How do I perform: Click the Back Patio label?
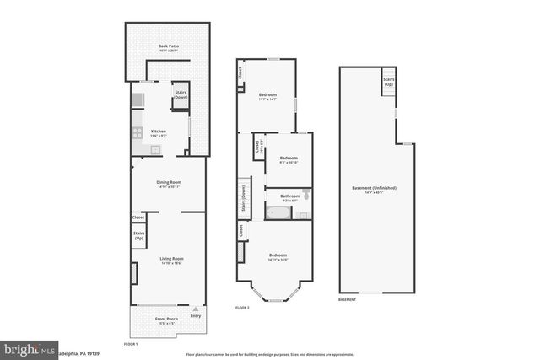(169, 48)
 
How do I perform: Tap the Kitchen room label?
(158, 133)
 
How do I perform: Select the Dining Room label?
(169, 185)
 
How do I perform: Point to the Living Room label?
(171, 260)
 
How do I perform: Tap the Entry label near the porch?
(196, 316)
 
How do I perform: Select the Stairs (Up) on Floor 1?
(138, 235)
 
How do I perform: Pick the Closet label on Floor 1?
(138, 217)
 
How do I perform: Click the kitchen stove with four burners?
(136, 132)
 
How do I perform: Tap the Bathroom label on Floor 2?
(278, 197)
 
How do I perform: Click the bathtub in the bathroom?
(278, 214)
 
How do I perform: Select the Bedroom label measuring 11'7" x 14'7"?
(268, 96)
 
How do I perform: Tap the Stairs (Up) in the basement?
(388, 83)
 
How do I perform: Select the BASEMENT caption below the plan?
(347, 299)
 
